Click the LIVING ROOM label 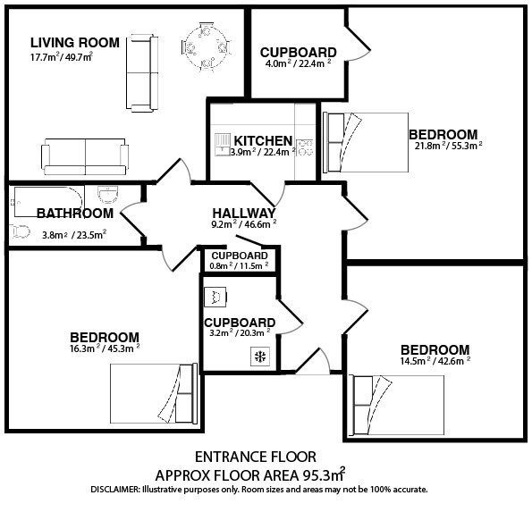click(x=75, y=43)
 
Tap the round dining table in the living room click(x=206, y=47)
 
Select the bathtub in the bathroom click(x=48, y=201)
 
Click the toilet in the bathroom click(x=20, y=231)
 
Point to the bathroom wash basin click(x=108, y=195)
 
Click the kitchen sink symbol click(x=223, y=145)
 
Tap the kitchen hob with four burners click(x=304, y=147)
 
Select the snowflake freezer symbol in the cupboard click(x=260, y=357)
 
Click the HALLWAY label click(x=244, y=214)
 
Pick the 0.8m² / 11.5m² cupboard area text click(x=239, y=265)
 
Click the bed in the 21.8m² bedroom click(x=366, y=142)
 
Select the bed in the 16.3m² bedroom click(x=154, y=393)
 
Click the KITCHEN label click(x=263, y=140)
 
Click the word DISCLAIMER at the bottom click(x=115, y=490)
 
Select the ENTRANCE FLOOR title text click(x=256, y=457)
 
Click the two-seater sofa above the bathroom click(x=85, y=156)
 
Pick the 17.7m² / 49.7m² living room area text click(x=62, y=56)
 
